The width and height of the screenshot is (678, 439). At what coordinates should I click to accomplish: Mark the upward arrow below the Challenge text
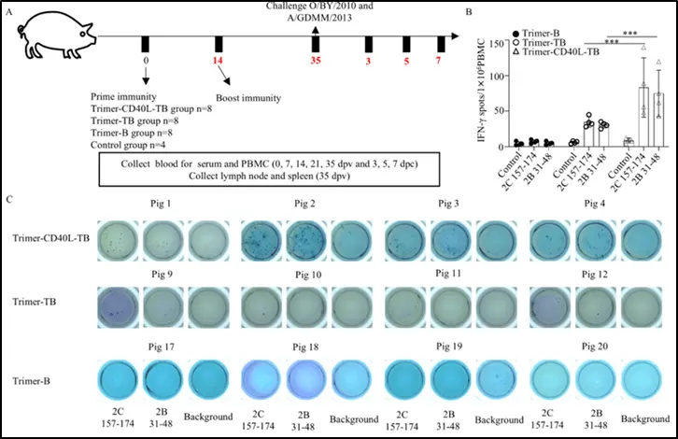[317, 33]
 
